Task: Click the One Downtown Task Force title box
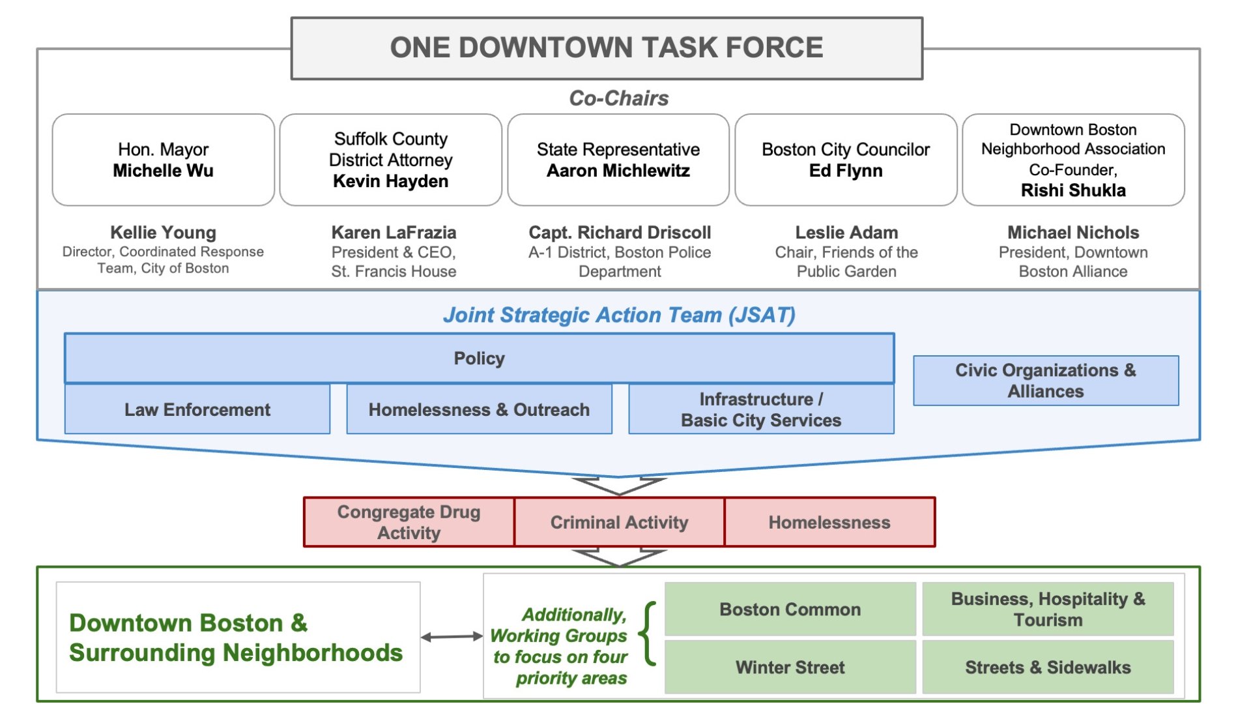[606, 48]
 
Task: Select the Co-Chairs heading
[618, 98]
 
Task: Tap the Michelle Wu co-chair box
[163, 160]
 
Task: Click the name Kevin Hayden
[390, 181]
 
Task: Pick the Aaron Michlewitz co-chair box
[618, 160]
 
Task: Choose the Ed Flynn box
[845, 160]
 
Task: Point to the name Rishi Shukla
[1072, 190]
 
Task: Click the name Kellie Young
[163, 233]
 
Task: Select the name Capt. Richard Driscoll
[619, 233]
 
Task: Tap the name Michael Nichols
[1072, 233]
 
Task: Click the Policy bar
[479, 359]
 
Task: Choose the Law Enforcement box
[197, 409]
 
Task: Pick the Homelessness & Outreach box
[479, 409]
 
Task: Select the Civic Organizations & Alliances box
[1045, 381]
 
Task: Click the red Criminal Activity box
[619, 522]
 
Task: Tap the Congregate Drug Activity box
[409, 522]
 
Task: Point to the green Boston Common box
[790, 609]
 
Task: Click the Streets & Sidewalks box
[1047, 667]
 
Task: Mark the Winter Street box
[790, 667]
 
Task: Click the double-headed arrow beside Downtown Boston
[452, 637]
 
